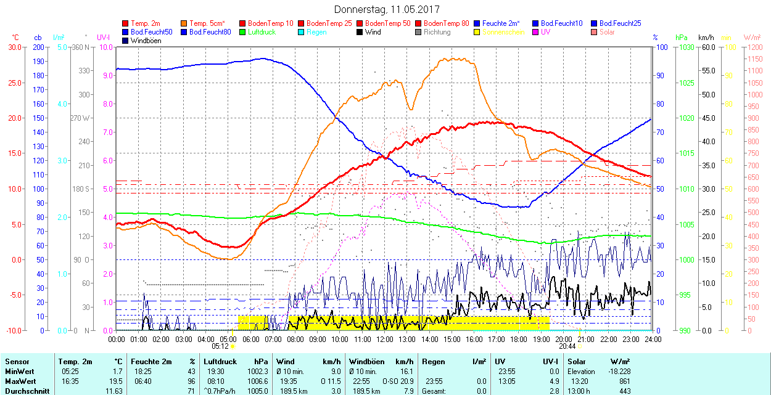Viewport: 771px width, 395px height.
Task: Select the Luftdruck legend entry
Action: (258, 32)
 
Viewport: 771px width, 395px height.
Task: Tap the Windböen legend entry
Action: (146, 41)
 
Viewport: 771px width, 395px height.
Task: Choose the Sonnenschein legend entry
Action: (503, 32)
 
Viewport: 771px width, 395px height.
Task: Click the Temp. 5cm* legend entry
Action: (207, 23)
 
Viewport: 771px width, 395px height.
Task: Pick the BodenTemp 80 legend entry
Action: (446, 23)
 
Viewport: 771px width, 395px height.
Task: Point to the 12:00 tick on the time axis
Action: (385, 339)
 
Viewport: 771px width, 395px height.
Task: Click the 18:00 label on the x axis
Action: (519, 339)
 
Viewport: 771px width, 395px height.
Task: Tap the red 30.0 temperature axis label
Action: (13, 47)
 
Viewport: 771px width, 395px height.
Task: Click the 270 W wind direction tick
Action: (81, 118)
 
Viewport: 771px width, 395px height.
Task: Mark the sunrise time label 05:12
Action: (220, 346)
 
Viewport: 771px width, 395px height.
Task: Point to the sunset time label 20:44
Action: (567, 346)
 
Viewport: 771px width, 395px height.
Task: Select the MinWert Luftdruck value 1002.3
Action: (258, 372)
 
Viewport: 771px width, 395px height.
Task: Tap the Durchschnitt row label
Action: (26, 391)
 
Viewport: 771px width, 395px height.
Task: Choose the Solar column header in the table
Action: (577, 362)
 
